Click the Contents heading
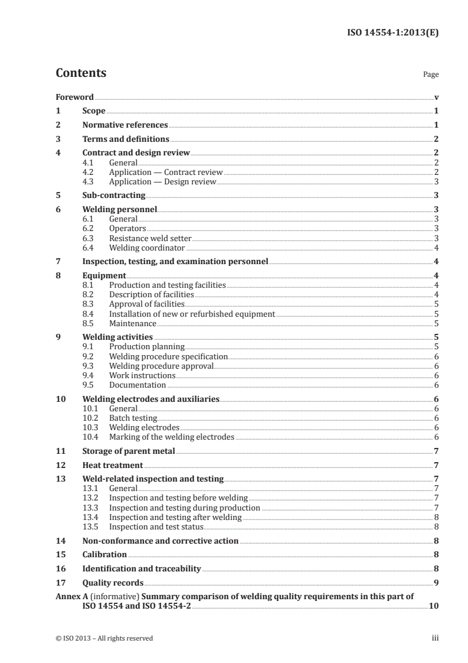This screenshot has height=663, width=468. (81, 73)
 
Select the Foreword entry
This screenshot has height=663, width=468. (74, 97)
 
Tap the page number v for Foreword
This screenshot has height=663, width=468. (436, 97)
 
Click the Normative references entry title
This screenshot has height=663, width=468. (125, 125)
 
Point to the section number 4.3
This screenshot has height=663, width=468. (89, 182)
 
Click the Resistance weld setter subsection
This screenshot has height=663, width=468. (150, 238)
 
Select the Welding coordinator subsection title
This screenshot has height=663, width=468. (147, 248)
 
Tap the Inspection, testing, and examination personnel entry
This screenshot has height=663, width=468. (175, 261)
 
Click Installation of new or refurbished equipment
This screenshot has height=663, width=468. (192, 314)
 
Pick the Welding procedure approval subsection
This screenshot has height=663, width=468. (161, 366)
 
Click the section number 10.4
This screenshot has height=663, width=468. (91, 437)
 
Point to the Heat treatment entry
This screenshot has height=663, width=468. (113, 465)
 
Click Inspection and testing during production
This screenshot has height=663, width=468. (184, 508)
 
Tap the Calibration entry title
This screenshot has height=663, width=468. (104, 555)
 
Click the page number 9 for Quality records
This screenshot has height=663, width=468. (436, 583)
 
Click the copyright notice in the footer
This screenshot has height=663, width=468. (104, 638)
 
